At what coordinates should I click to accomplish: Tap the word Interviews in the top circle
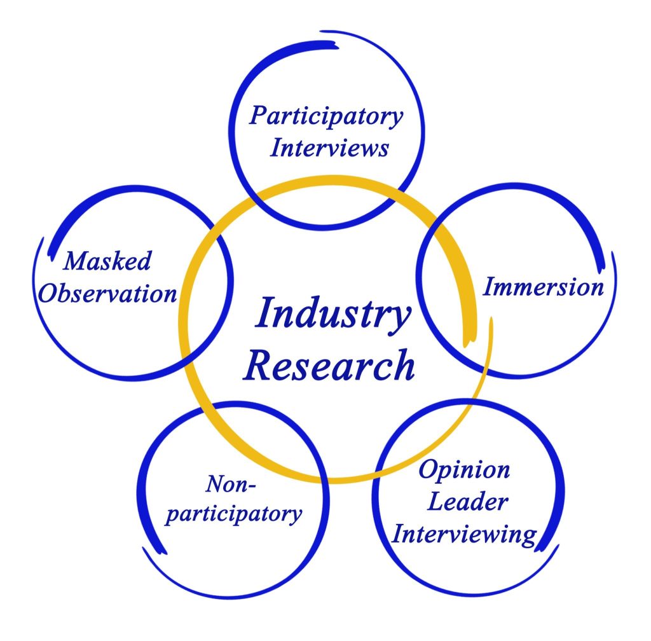[329, 148]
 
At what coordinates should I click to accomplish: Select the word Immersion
[543, 287]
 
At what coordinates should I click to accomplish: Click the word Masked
[108, 261]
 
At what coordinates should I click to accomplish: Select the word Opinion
[456, 471]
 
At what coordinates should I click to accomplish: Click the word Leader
[467, 502]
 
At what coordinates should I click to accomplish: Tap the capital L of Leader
[435, 502]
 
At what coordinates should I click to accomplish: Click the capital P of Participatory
[258, 117]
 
